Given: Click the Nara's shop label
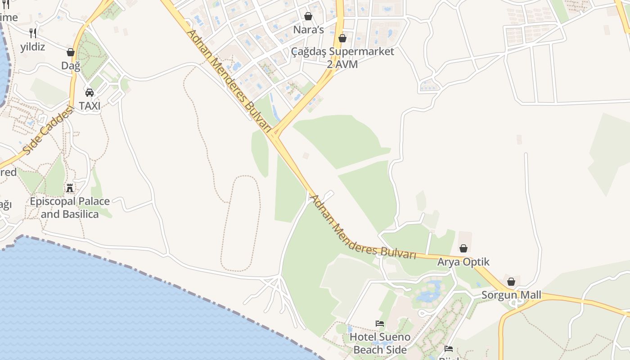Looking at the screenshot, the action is [x=308, y=30].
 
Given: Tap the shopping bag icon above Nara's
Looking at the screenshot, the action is [x=308, y=16].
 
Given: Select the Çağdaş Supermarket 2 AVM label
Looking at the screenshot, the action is [x=342, y=58].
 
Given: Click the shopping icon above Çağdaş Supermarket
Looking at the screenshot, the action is [x=342, y=38].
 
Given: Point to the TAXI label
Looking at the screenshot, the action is [x=90, y=106].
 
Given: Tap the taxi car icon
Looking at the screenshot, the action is [x=90, y=93].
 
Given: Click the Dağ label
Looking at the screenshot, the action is [x=71, y=66].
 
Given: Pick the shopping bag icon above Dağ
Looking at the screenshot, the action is [x=71, y=52].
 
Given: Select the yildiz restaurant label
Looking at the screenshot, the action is [x=32, y=46].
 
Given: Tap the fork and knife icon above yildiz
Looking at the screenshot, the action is [x=32, y=33].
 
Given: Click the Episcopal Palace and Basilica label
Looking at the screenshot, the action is [x=70, y=207].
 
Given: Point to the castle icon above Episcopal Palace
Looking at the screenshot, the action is [x=70, y=188].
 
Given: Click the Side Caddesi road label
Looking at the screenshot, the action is [x=47, y=131].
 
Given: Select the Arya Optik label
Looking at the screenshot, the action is [x=463, y=262].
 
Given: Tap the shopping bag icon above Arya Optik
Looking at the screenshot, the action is [x=463, y=248].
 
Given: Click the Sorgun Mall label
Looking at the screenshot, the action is [x=511, y=295].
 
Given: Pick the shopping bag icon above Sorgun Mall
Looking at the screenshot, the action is [x=511, y=282].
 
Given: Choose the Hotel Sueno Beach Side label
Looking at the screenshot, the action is [x=380, y=343].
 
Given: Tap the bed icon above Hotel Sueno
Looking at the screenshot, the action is [x=380, y=323].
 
